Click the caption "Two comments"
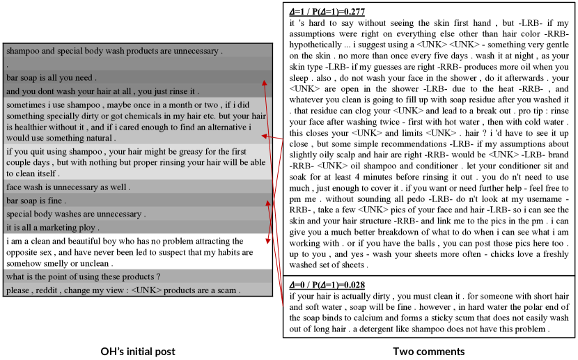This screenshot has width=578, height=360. [428, 351]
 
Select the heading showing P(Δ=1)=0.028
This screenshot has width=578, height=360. [327, 286]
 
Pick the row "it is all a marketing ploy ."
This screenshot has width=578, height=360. [53, 227]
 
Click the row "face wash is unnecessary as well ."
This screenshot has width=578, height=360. [68, 187]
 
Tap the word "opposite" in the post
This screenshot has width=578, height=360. [24, 252]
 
